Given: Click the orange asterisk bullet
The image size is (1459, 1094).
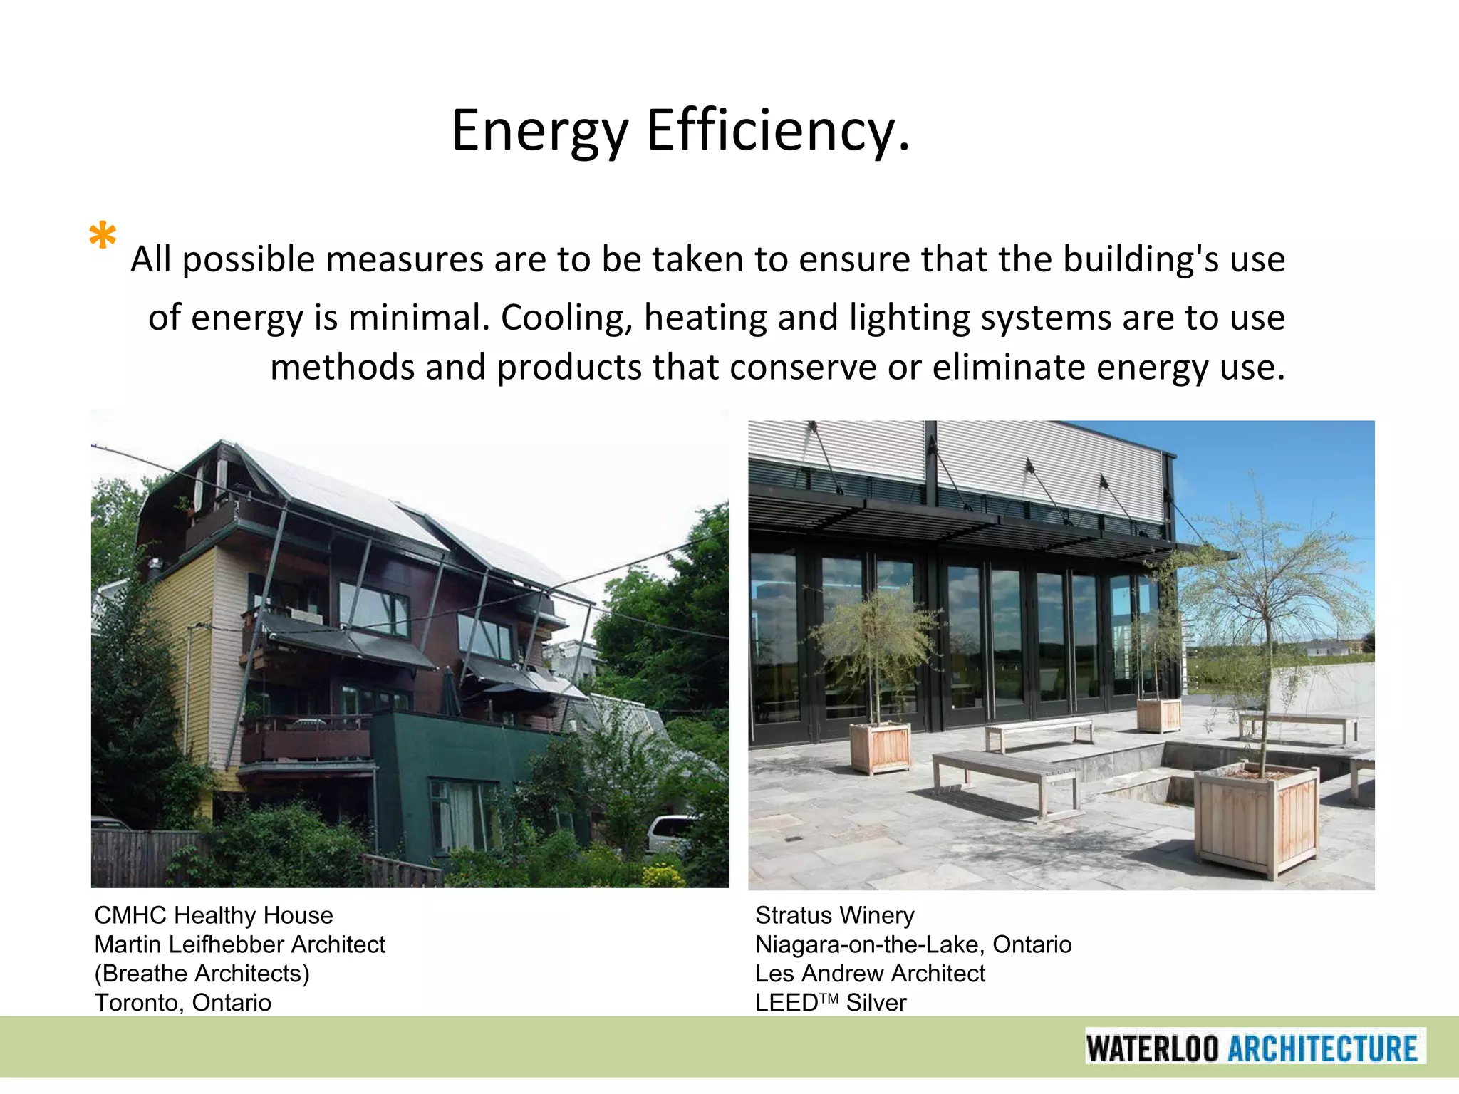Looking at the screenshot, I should pyautogui.click(x=103, y=235).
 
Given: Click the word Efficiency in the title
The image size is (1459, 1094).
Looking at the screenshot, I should pyautogui.click(x=778, y=130).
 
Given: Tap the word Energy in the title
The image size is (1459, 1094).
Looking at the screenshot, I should pyautogui.click(x=539, y=130).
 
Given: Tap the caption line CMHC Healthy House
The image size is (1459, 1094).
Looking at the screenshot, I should pyautogui.click(x=214, y=915).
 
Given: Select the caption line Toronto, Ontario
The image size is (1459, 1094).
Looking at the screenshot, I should pyautogui.click(x=183, y=1003).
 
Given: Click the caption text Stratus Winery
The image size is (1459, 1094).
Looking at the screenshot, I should pyautogui.click(x=835, y=915).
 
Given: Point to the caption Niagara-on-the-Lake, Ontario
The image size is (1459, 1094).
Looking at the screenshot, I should pyautogui.click(x=913, y=944).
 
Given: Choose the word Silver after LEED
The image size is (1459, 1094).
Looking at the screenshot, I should pyautogui.click(x=876, y=1003).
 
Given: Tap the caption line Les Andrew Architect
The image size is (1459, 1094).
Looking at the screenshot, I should pyautogui.click(x=870, y=974).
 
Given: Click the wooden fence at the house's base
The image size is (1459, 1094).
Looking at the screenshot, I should pyautogui.click(x=142, y=858).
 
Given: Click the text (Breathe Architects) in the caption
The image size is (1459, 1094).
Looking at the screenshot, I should pyautogui.click(x=202, y=974).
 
